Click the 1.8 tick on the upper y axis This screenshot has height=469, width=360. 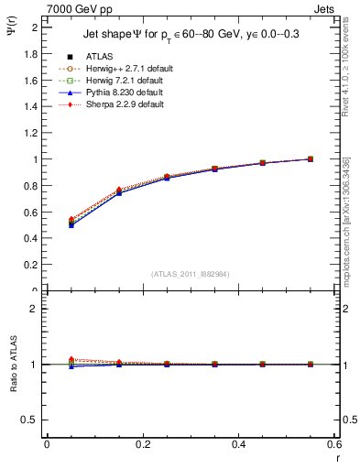pyautogui.click(x=32, y=54)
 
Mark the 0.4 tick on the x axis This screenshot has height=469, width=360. pyautogui.click(x=237, y=445)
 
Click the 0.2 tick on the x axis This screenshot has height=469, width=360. pyautogui.click(x=142, y=445)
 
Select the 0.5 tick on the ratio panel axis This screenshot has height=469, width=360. pyautogui.click(x=32, y=420)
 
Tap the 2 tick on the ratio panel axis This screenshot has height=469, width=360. pyautogui.click(x=36, y=309)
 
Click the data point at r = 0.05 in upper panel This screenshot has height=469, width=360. pyautogui.click(x=71, y=223)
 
